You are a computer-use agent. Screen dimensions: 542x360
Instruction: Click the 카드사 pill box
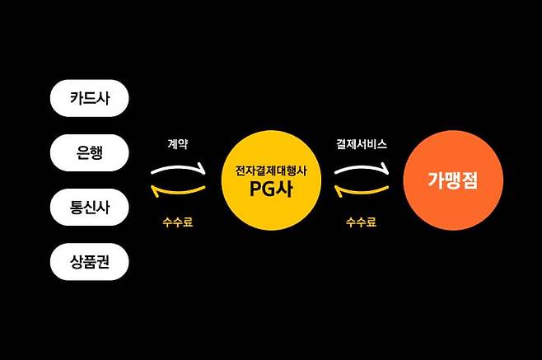(x=90, y=98)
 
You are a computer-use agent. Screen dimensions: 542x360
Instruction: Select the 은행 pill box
(x=90, y=152)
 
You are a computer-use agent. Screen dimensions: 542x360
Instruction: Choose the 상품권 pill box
(x=90, y=263)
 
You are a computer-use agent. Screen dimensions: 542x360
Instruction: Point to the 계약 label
(x=177, y=143)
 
